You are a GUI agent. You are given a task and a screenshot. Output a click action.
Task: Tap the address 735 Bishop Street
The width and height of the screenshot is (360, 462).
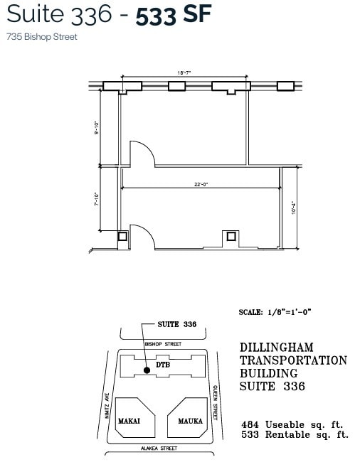click(42, 37)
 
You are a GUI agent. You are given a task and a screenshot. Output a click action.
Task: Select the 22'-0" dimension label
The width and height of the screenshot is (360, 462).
click(201, 185)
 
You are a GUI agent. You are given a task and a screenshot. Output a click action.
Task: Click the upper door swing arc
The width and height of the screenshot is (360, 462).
click(141, 154)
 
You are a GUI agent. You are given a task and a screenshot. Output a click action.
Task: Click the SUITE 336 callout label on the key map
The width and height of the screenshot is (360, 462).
click(176, 324)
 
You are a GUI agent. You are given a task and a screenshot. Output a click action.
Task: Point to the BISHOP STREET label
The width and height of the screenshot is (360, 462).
click(163, 344)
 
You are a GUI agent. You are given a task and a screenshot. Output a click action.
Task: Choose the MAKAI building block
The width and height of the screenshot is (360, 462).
click(130, 419)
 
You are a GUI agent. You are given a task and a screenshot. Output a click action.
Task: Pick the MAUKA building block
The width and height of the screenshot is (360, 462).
click(189, 419)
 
